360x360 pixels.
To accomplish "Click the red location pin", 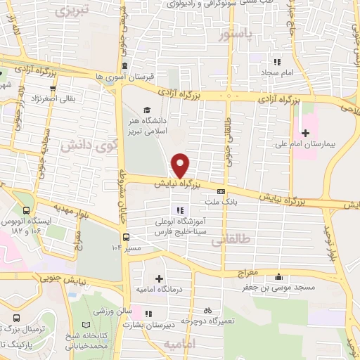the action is (181, 165).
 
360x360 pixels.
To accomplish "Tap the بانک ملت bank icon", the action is (221, 191).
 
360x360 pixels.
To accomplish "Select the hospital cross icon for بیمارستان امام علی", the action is (305, 132).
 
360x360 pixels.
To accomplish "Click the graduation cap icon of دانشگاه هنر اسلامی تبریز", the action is (147, 109).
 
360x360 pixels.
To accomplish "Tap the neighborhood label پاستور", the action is (234, 34).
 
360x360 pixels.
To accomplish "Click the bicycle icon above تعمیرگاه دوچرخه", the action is (207, 310).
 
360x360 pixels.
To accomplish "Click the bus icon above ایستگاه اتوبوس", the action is (26, 210).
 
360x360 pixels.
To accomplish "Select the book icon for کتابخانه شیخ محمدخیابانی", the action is (86, 326).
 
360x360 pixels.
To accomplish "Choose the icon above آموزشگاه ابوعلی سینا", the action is (180, 210).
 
